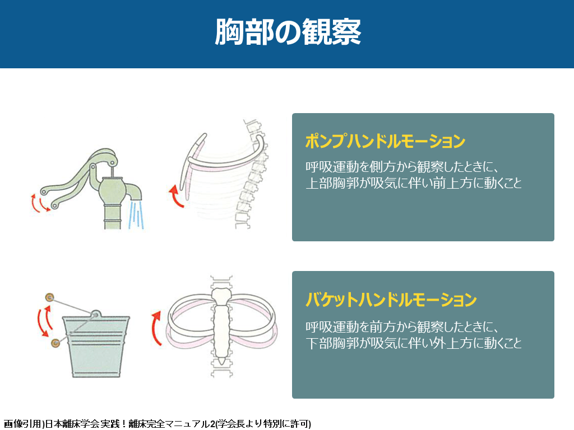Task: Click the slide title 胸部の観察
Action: point(288,32)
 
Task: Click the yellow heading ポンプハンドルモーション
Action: point(385,141)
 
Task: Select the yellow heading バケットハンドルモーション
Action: point(391,300)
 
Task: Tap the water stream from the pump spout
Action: point(136,214)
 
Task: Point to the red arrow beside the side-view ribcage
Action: point(176,197)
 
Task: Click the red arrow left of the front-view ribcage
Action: point(157,328)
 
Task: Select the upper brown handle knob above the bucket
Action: point(49,297)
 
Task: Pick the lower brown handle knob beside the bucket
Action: point(55,343)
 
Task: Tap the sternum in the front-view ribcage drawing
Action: point(221,325)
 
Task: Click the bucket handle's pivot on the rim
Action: point(96,315)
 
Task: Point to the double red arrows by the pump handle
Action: point(40,203)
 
